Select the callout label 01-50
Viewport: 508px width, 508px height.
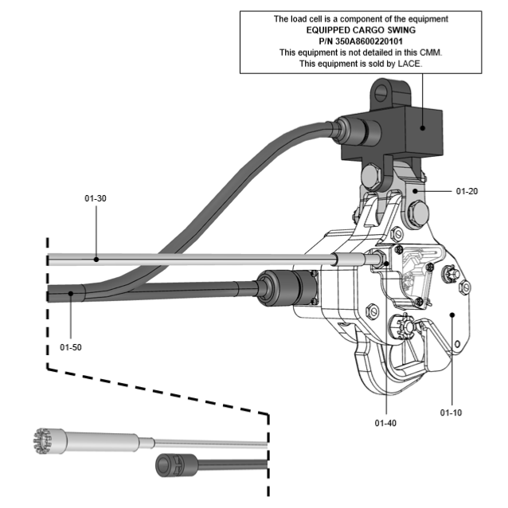(x=71, y=346)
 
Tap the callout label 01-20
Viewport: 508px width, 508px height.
(x=467, y=191)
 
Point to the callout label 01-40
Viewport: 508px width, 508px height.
(x=385, y=422)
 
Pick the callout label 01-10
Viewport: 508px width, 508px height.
(x=451, y=412)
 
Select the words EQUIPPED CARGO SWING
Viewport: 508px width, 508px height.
(x=361, y=29)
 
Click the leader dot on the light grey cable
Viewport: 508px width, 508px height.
(x=96, y=259)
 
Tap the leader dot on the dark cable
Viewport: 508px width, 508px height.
(x=71, y=294)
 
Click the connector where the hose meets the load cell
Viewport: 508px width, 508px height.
(x=348, y=128)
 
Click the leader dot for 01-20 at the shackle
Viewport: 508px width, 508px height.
(x=415, y=192)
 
